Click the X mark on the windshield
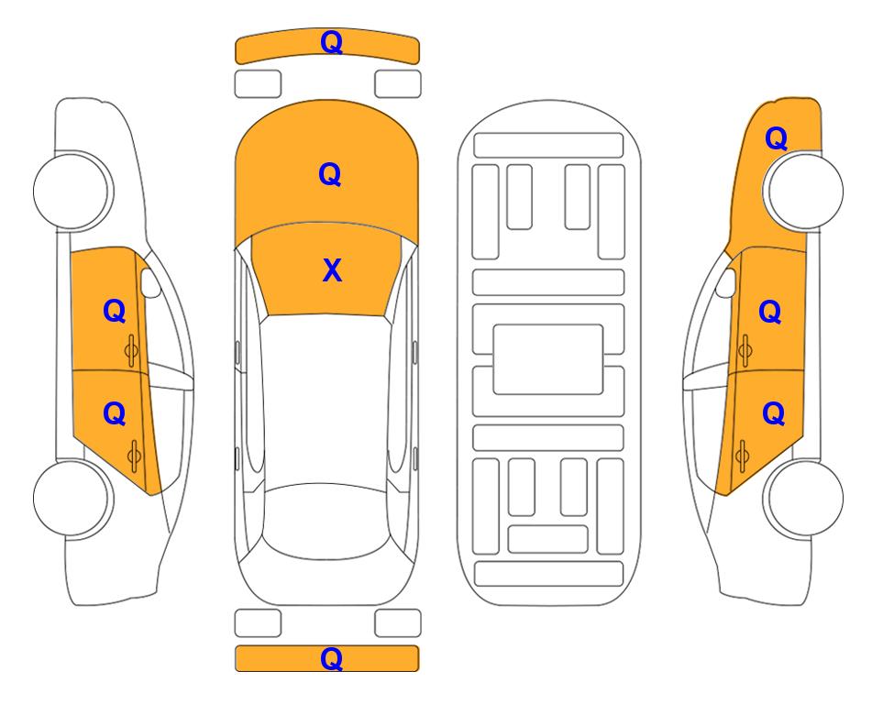tap(332, 270)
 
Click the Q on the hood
tap(330, 174)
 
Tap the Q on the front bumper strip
tap(331, 41)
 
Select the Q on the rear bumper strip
tap(331, 658)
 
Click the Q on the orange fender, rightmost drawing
tap(776, 138)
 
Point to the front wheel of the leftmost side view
tap(72, 191)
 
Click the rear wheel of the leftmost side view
tap(72, 498)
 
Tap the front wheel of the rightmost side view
tap(805, 191)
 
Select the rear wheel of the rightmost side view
tap(805, 498)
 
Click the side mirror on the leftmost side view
tap(149, 282)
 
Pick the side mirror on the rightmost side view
tap(726, 282)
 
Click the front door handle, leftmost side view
tap(132, 351)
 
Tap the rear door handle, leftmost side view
tap(134, 456)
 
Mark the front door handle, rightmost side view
tap(745, 351)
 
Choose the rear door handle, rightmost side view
tap(742, 456)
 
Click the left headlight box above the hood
tap(258, 84)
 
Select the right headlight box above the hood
tap(398, 84)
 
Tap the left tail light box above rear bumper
tap(258, 623)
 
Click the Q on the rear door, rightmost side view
tap(774, 414)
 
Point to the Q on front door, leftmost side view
tap(115, 311)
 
